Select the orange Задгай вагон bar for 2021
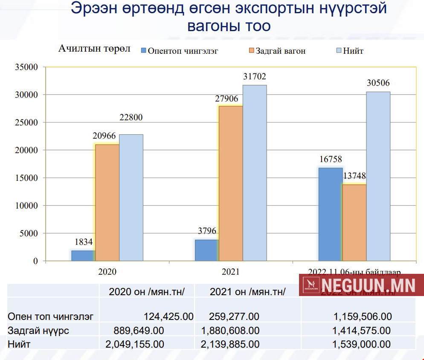click(231, 183)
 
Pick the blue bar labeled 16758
click(331, 213)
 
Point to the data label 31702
click(255, 77)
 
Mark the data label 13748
click(354, 176)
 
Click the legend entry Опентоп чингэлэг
click(179, 51)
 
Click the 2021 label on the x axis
click(231, 271)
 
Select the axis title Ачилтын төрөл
click(94, 49)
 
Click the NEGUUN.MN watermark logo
click(360, 285)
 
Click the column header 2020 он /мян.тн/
click(146, 292)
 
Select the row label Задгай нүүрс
click(38, 331)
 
